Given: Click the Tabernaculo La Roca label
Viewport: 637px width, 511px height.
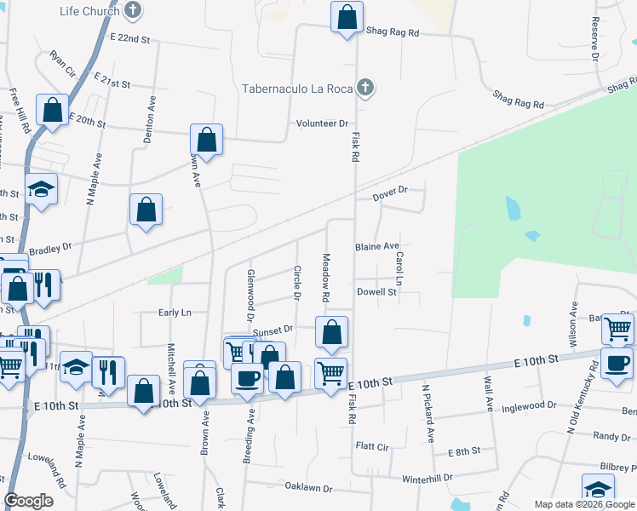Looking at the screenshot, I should point(297,88).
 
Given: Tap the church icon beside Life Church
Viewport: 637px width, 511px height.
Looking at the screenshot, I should point(132,11).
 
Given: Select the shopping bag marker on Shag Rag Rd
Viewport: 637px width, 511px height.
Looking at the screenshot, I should point(347,18).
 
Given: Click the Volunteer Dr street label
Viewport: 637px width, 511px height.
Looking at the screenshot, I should point(323,123).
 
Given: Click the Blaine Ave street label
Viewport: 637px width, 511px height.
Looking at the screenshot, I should point(377,246).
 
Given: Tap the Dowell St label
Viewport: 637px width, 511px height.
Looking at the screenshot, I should point(377,292).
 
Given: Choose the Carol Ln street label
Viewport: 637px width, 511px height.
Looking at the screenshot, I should point(398,268).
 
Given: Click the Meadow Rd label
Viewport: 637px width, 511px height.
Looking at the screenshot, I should point(325,278).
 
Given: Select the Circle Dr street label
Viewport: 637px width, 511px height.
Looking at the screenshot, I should point(297,284).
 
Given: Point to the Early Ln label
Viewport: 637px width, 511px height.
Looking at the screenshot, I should point(175,313).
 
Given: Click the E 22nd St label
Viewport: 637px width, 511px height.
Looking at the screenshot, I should point(129,39).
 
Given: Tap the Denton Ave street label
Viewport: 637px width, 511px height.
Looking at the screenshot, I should point(152,112).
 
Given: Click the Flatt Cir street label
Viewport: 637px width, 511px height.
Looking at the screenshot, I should point(372,445).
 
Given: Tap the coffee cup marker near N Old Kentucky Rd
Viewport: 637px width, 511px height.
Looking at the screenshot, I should point(617,363).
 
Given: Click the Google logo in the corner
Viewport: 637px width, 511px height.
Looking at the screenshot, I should point(29,501).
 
